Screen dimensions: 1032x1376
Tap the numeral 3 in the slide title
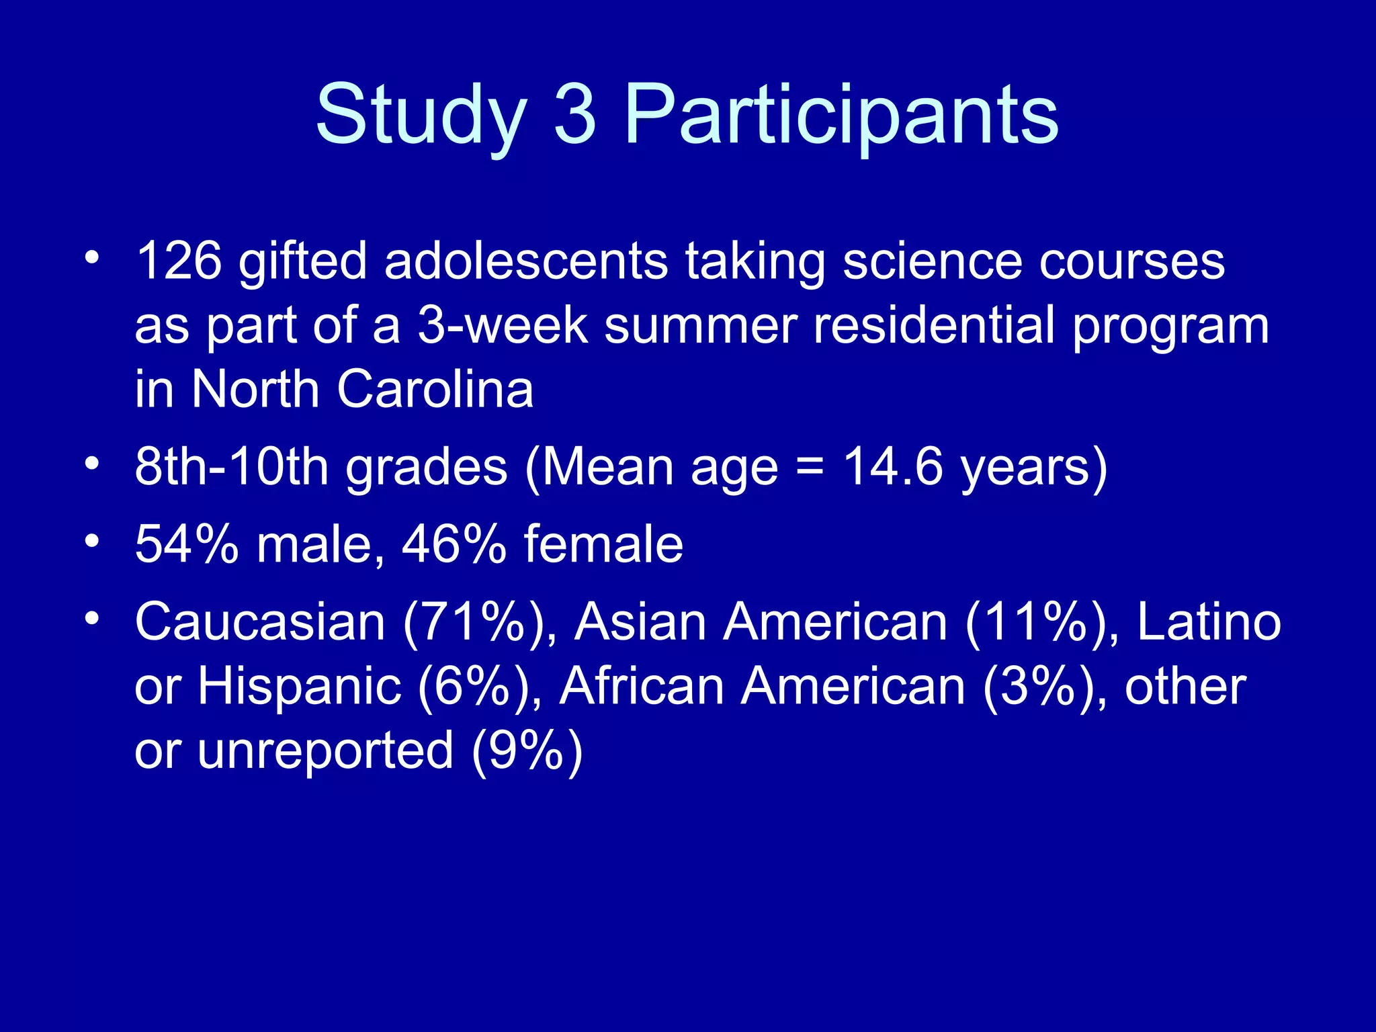click(x=575, y=114)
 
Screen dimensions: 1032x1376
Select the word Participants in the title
click(x=841, y=114)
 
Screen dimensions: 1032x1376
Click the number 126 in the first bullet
click(x=178, y=261)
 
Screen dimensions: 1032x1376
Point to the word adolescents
click(x=525, y=261)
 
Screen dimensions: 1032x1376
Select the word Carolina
click(x=435, y=390)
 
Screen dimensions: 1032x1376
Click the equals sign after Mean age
click(x=810, y=468)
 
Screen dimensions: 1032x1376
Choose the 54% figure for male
click(x=187, y=544)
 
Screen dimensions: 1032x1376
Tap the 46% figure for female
click(x=454, y=544)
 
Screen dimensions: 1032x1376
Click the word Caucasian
click(x=260, y=622)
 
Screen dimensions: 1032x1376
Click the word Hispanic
click(x=299, y=687)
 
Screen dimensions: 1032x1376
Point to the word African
click(x=642, y=687)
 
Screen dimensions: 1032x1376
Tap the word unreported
click(x=325, y=751)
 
